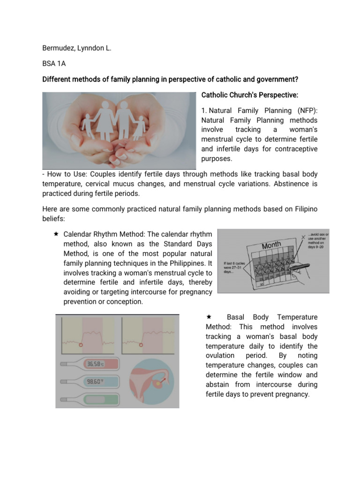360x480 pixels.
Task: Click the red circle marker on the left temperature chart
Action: click(x=81, y=344)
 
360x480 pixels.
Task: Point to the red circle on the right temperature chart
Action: click(x=140, y=344)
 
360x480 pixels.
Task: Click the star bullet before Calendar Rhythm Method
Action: click(x=56, y=233)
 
